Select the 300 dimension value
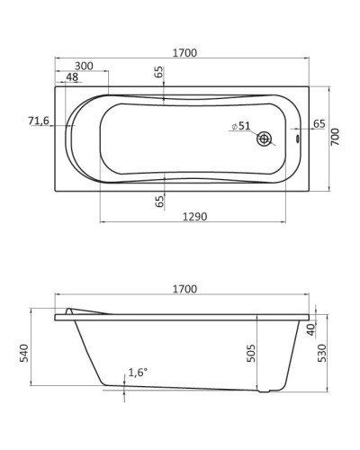[84, 67]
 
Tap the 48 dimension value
[72, 77]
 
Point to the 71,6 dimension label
[39, 121]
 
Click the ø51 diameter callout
[241, 127]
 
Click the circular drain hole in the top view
[265, 139]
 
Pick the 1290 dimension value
[195, 217]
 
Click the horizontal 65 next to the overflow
[319, 124]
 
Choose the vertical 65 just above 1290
[159, 202]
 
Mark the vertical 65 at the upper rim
[159, 73]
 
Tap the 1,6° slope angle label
[138, 373]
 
